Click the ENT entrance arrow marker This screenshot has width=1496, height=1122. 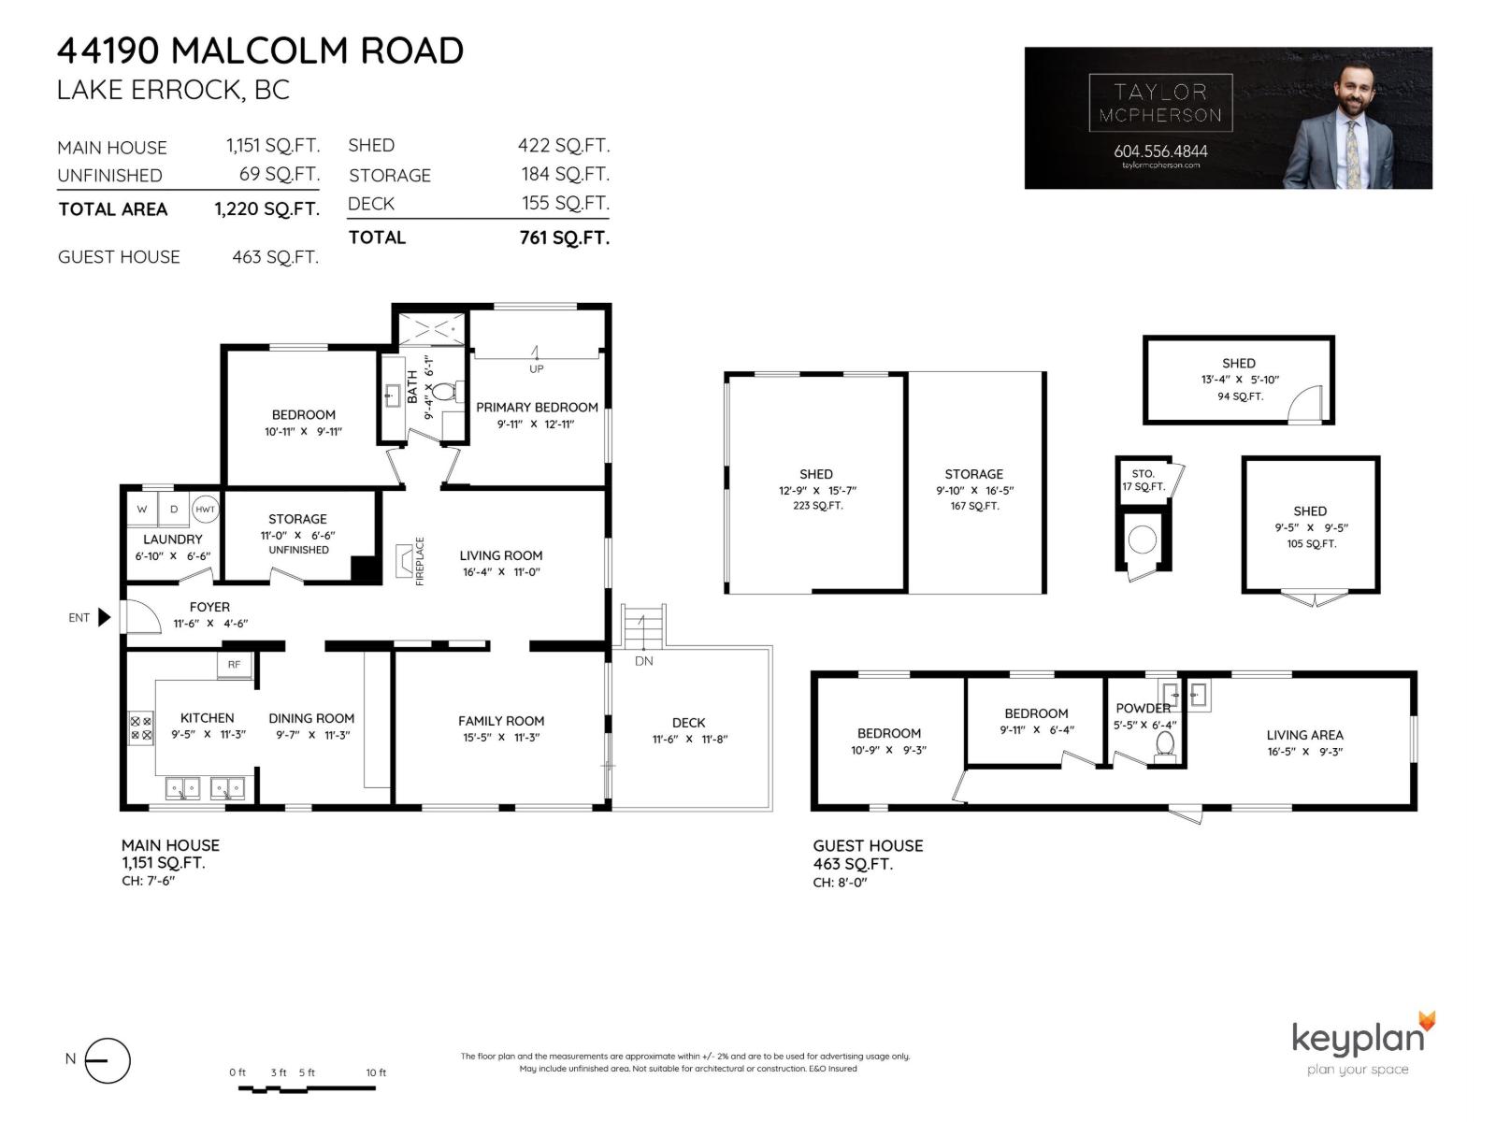104,617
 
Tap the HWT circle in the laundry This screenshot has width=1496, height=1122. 205,510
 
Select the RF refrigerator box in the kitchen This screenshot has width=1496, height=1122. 234,665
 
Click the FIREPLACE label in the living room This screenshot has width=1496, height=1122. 420,561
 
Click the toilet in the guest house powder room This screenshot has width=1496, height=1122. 1165,744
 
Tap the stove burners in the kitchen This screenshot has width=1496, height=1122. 141,728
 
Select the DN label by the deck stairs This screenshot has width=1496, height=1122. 643,661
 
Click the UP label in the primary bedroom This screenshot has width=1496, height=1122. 537,368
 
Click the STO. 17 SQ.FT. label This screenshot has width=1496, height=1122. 1144,481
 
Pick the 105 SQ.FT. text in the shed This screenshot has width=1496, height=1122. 1311,543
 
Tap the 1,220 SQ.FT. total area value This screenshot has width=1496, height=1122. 266,209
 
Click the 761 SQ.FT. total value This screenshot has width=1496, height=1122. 564,237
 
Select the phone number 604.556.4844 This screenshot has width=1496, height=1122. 1160,151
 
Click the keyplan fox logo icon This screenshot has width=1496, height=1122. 1425,1021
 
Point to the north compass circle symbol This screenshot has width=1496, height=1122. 108,1061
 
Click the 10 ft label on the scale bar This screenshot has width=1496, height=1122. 376,1072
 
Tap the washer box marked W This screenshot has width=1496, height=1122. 142,510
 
